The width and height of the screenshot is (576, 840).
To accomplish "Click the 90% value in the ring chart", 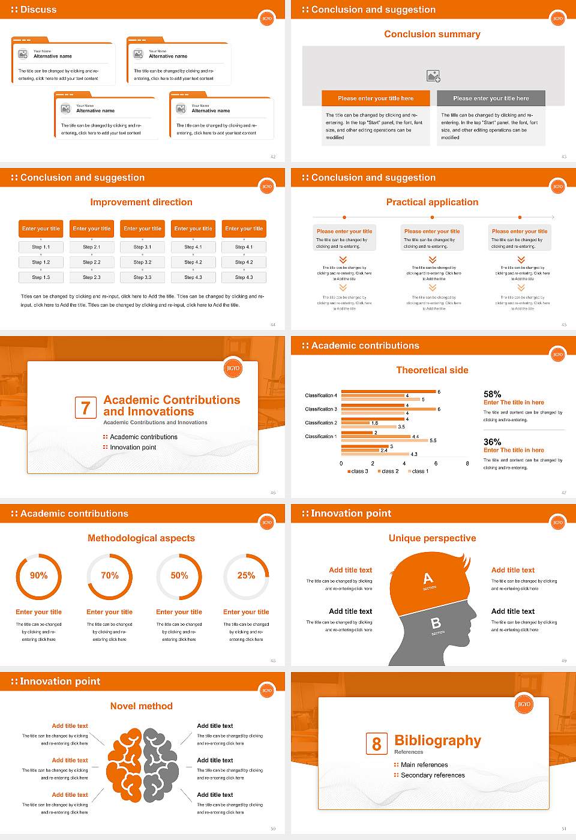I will [x=39, y=575].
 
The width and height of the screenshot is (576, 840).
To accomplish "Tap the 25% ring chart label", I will [x=246, y=575].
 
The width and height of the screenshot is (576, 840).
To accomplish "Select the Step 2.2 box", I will [x=92, y=262].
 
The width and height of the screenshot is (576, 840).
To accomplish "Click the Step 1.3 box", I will [x=41, y=277].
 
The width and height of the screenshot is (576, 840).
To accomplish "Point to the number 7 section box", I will [x=85, y=408].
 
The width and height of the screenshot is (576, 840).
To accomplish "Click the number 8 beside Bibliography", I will [x=376, y=744].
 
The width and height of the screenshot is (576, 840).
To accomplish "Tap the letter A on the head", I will [x=428, y=578].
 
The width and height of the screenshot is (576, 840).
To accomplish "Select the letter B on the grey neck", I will [x=436, y=623].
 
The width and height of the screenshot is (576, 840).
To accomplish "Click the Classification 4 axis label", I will [x=321, y=395].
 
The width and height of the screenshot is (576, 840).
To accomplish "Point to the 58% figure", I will [x=492, y=394].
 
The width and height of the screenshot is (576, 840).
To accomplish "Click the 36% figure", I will [x=492, y=442].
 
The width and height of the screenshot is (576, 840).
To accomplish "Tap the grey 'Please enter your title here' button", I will [x=491, y=98].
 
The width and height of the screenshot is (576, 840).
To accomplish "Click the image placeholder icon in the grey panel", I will [x=433, y=76].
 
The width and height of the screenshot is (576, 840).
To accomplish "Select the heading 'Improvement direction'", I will [x=141, y=202].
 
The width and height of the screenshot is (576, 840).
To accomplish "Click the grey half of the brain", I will [x=161, y=765].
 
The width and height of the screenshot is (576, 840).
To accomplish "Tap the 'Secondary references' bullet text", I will [x=433, y=775].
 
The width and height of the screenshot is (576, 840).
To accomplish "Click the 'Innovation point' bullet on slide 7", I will [x=133, y=447].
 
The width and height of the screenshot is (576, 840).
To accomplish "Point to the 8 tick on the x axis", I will [x=467, y=463].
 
